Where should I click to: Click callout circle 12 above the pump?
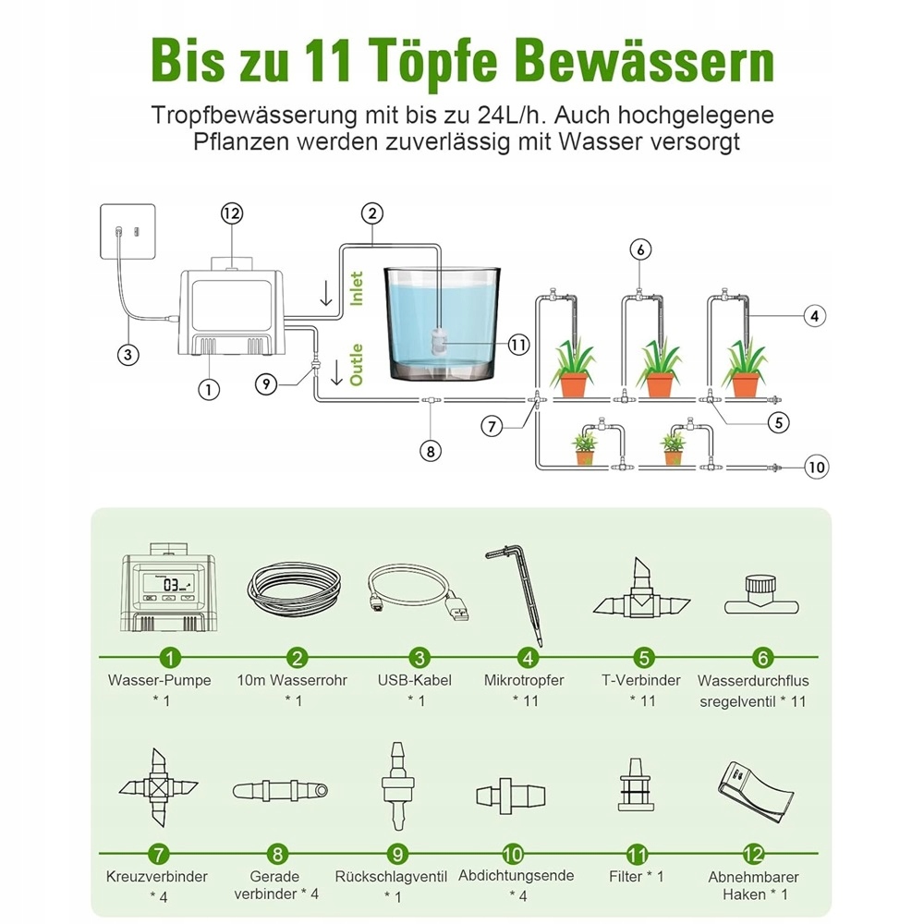point(231,213)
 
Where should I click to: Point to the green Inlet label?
point(357,288)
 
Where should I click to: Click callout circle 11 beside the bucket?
point(518,344)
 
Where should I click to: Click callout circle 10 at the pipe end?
point(815,467)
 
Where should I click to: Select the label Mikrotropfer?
point(524,680)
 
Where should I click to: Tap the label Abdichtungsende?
point(516,875)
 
